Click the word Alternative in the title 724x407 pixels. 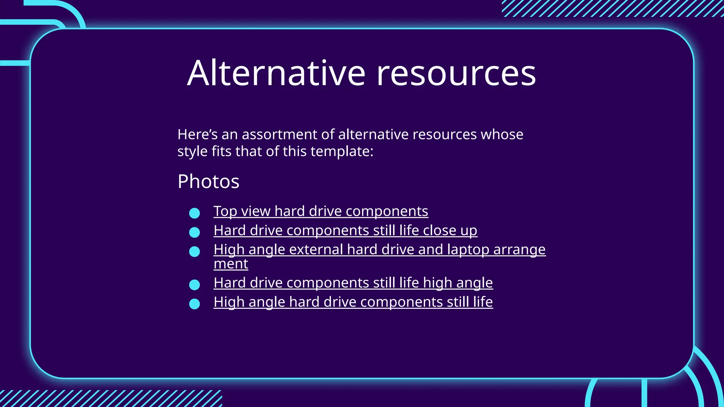[276, 73]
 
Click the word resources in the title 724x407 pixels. [456, 73]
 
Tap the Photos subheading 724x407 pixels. [208, 182]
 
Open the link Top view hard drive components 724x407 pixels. [321, 211]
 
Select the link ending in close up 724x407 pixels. [345, 230]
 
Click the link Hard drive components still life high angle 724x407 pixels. [353, 283]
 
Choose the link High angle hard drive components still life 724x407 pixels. [353, 302]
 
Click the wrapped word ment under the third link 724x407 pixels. [231, 264]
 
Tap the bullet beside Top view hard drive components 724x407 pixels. [194, 213]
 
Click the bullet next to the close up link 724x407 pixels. [194, 232]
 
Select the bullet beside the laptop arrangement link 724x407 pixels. [194, 252]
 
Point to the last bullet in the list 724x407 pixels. [194, 304]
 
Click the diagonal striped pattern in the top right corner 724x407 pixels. [612, 8]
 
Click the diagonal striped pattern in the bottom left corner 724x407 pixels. [110, 399]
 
